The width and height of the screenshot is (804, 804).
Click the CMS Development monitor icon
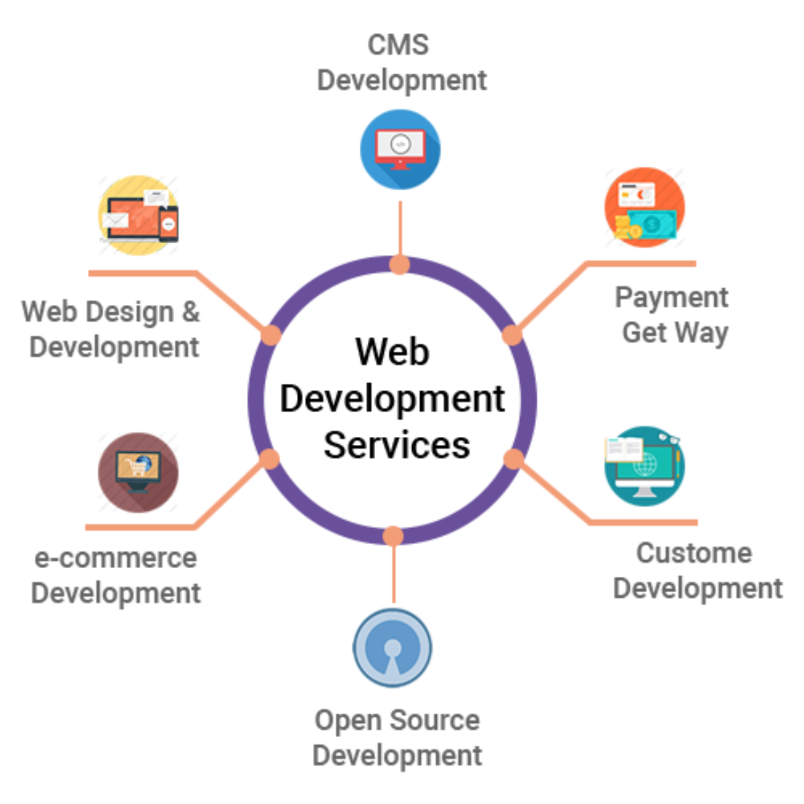pyautogui.click(x=400, y=149)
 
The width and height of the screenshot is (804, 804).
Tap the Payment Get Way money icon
pyautogui.click(x=645, y=208)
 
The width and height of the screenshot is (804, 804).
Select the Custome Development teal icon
pyautogui.click(x=645, y=466)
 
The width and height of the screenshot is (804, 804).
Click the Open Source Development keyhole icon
pyautogui.click(x=393, y=647)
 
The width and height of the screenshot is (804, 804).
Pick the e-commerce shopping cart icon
pyautogui.click(x=138, y=472)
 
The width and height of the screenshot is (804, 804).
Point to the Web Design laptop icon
pyautogui.click(x=139, y=215)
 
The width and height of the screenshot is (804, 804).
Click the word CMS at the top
pyautogui.click(x=398, y=45)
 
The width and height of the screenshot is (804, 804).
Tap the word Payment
pyautogui.click(x=671, y=297)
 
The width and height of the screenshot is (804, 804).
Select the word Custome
pyautogui.click(x=694, y=553)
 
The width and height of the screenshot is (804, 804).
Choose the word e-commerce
pyautogui.click(x=116, y=558)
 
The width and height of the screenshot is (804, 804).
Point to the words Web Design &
pyautogui.click(x=111, y=312)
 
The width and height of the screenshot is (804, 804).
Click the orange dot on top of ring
pyautogui.click(x=399, y=264)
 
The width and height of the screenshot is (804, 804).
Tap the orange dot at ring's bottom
pyautogui.click(x=393, y=535)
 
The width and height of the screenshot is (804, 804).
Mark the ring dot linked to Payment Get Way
pyautogui.click(x=512, y=335)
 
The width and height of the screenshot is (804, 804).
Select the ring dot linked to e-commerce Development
pyautogui.click(x=269, y=459)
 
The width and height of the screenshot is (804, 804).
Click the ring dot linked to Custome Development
pyautogui.click(x=513, y=459)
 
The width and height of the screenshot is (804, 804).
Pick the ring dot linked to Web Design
pyautogui.click(x=271, y=335)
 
